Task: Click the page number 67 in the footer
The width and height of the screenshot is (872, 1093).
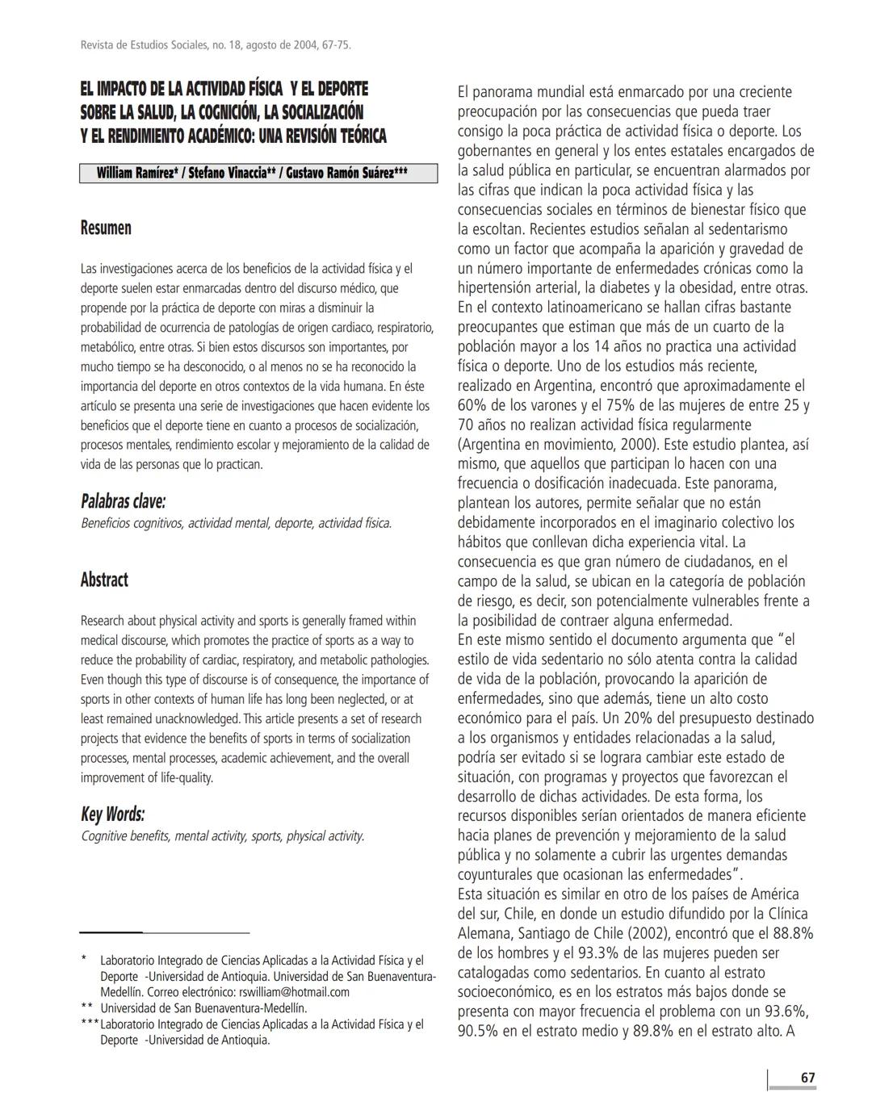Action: tap(807, 1078)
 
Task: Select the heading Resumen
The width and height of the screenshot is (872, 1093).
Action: tap(106, 228)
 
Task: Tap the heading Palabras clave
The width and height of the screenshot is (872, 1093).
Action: tap(123, 501)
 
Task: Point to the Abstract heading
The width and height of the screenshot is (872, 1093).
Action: tap(104, 580)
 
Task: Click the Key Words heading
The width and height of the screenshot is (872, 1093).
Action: tap(112, 814)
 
